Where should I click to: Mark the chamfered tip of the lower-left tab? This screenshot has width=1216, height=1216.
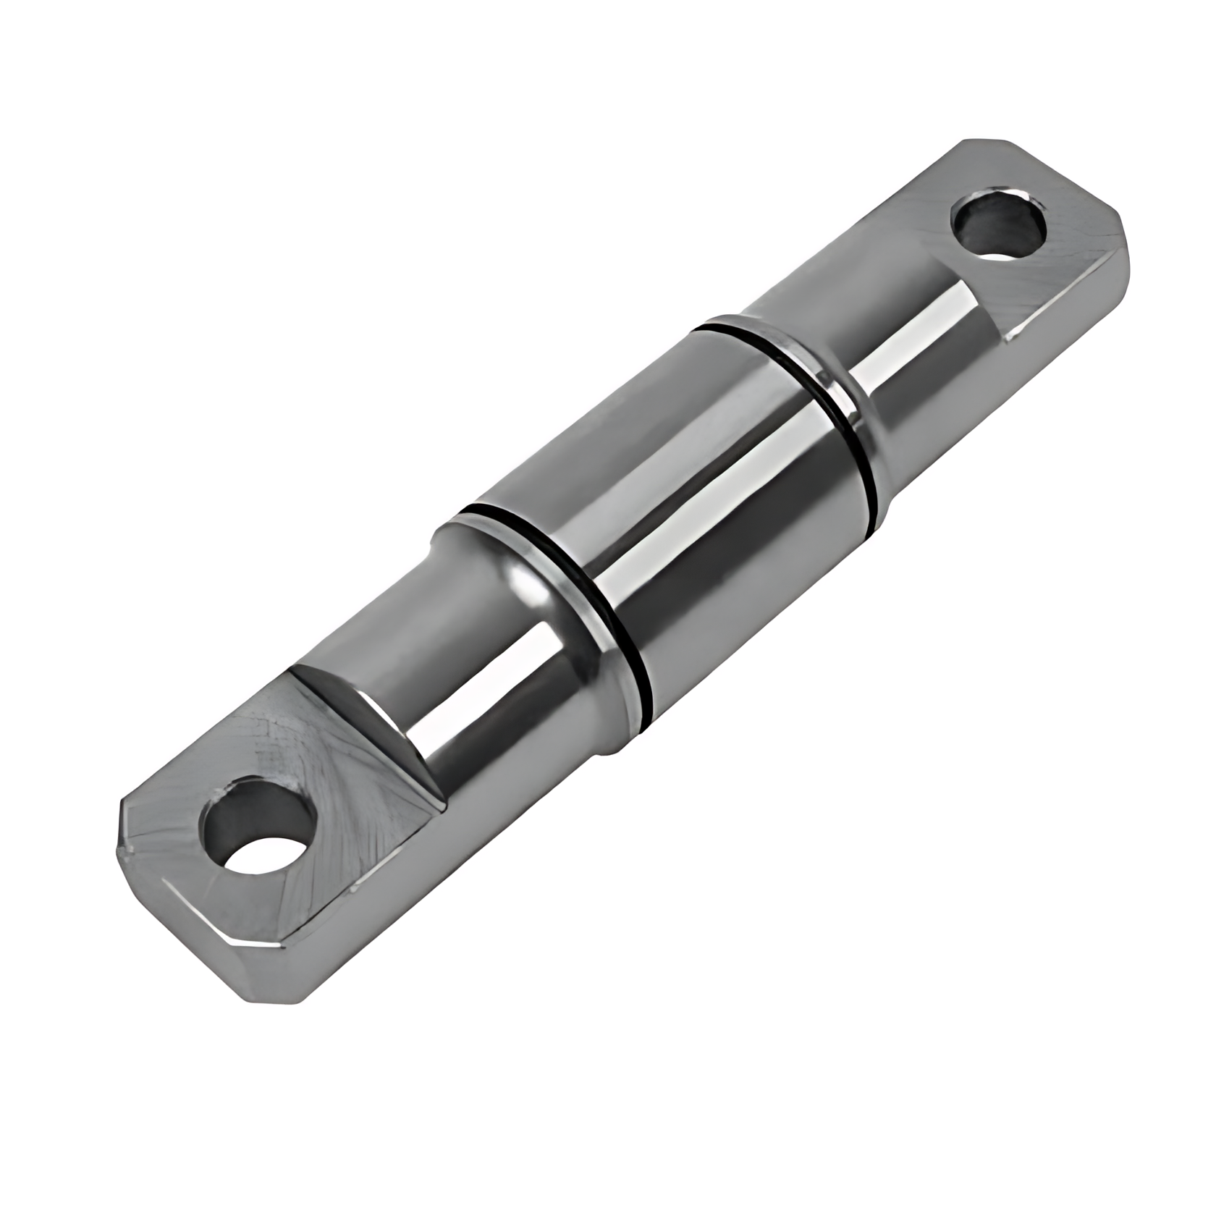click(x=138, y=840)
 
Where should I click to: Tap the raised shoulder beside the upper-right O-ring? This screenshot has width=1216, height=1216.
click(x=832, y=376)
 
